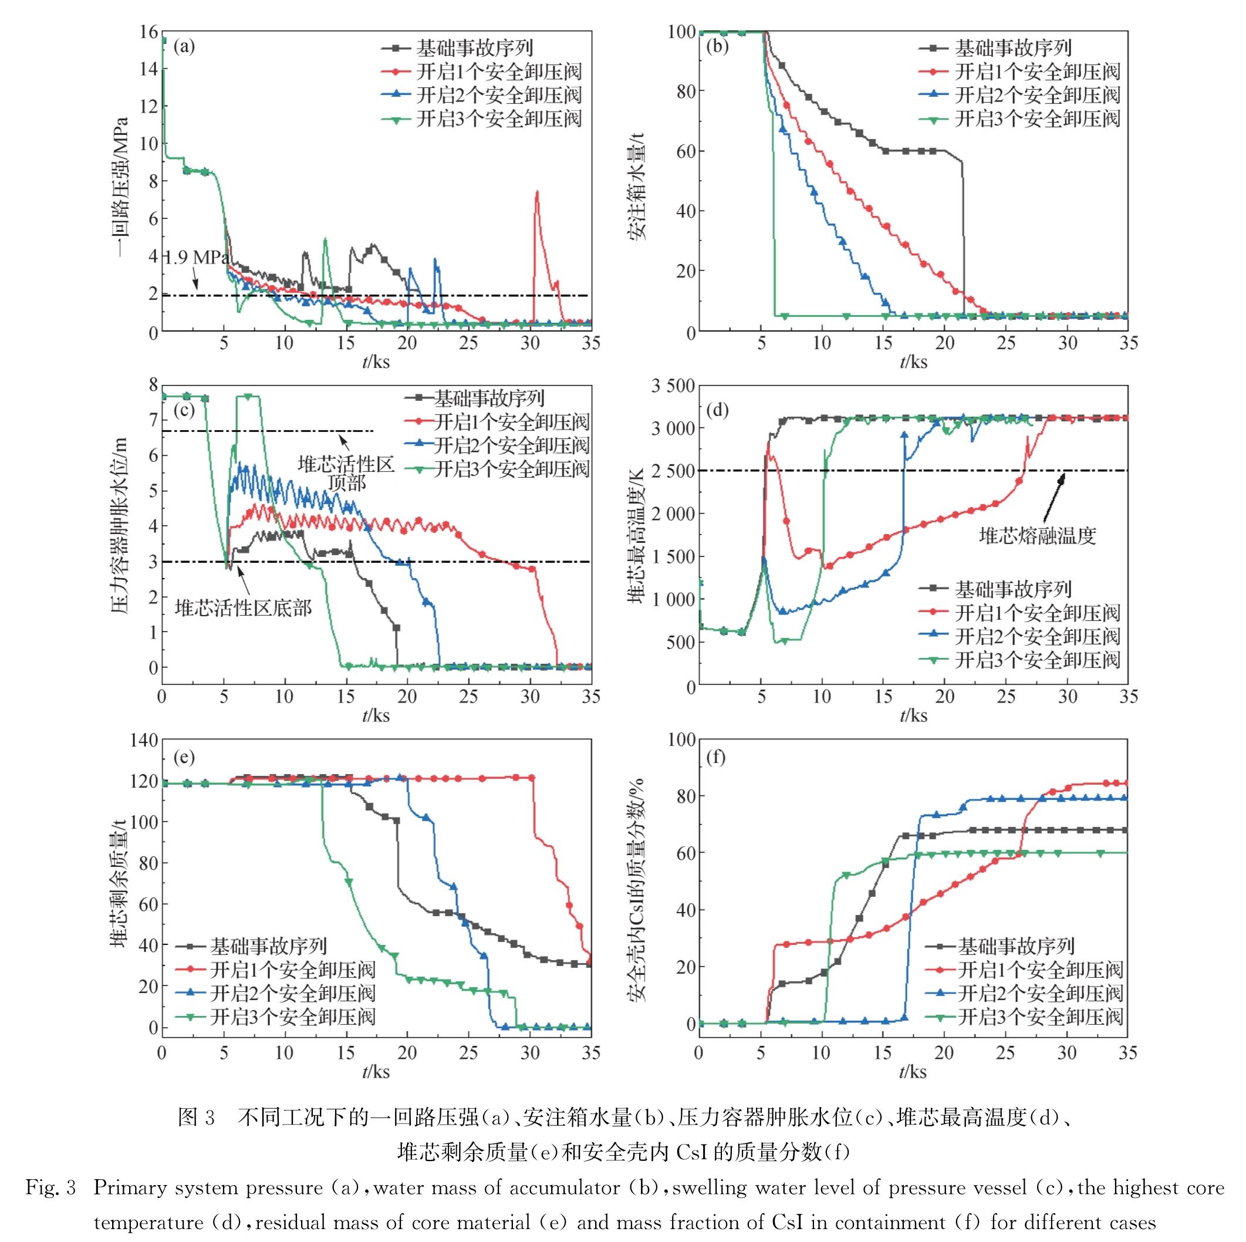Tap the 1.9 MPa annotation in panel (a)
click(195, 258)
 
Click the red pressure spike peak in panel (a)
click(536, 192)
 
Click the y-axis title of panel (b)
click(637, 182)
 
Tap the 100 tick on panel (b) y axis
click(681, 32)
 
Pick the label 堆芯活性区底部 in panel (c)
click(243, 607)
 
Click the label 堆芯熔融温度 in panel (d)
click(1038, 535)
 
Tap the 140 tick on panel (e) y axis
click(144, 740)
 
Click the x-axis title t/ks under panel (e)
click(376, 1071)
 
